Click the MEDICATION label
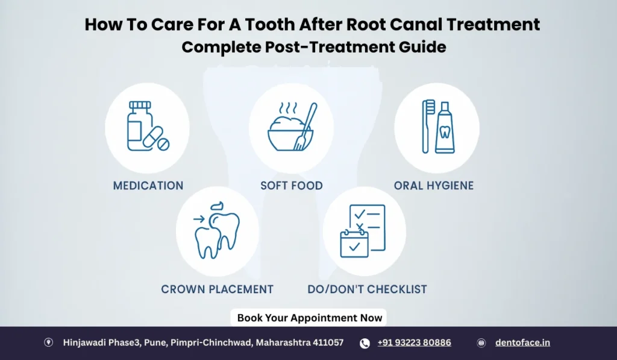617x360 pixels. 148,186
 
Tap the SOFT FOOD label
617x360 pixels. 292,186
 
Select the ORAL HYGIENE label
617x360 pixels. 434,186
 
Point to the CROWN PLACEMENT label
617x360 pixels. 217,289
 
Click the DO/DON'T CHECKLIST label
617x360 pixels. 367,289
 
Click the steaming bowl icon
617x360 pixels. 284,130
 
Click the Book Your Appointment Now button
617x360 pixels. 309,318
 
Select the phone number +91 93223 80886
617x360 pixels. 414,343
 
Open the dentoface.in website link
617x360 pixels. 522,343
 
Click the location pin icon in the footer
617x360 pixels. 49,343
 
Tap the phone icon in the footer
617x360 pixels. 365,343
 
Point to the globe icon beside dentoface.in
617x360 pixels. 481,343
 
